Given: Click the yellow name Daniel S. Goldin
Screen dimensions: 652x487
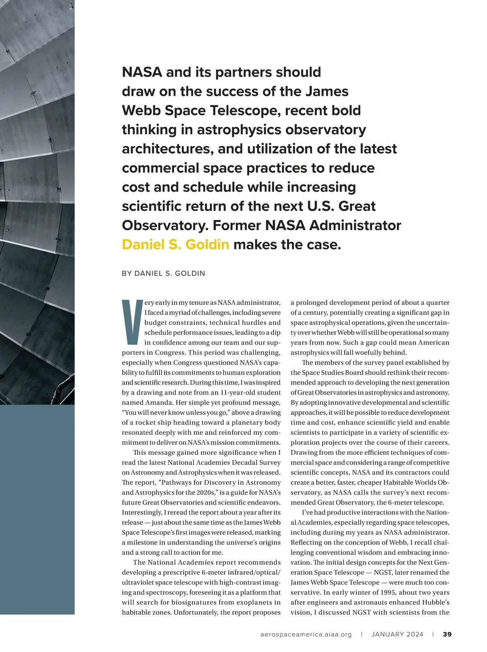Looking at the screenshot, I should [175, 245].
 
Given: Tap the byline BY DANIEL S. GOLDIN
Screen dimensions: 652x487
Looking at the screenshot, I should [164, 274].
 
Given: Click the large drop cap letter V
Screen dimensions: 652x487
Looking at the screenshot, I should [132, 322].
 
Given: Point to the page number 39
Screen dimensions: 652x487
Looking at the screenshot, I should [447, 635].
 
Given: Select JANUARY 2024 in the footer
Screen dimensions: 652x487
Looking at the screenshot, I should [397, 635].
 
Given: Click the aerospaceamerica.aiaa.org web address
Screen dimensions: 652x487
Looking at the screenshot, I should [306, 635].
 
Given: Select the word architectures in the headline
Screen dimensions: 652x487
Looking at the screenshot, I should [168, 149].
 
